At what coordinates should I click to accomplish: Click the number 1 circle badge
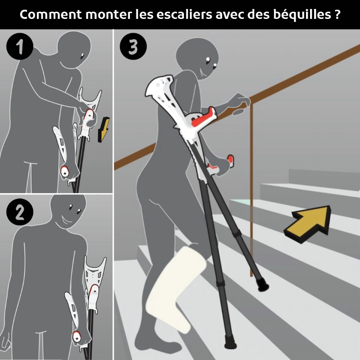(19, 46)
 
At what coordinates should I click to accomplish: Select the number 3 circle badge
(133, 46)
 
